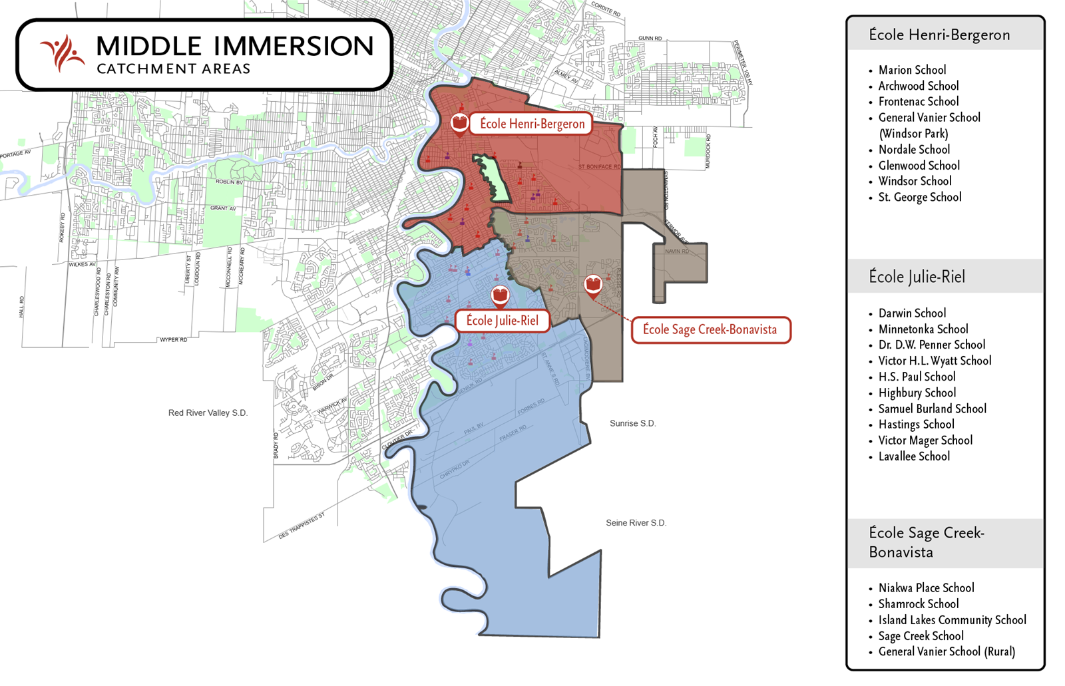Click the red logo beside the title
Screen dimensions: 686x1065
tap(62, 53)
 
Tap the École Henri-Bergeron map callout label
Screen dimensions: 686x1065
tap(532, 124)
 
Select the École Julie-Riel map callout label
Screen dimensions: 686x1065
tap(502, 321)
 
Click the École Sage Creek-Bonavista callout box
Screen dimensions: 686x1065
tap(710, 330)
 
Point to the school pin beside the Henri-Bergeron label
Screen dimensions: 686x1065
tap(459, 123)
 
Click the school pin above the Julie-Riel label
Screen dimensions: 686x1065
tap(500, 295)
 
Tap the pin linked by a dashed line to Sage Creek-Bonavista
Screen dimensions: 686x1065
tap(592, 285)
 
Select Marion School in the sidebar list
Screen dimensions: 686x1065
tap(911, 70)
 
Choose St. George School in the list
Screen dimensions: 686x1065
tap(919, 197)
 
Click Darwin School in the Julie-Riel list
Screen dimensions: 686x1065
tap(911, 313)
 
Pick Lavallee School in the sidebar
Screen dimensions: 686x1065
tap(913, 456)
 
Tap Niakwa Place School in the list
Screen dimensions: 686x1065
tap(925, 588)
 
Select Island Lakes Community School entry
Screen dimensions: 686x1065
tap(951, 620)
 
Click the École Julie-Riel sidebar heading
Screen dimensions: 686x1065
tap(917, 277)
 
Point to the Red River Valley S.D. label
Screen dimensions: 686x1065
tap(208, 413)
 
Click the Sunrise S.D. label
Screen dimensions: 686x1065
tap(632, 423)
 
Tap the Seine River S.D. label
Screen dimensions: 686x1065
tap(636, 523)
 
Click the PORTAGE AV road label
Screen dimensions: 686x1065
tap(15, 155)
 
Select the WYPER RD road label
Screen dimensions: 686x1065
tap(173, 340)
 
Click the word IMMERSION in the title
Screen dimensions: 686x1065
tap(294, 47)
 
